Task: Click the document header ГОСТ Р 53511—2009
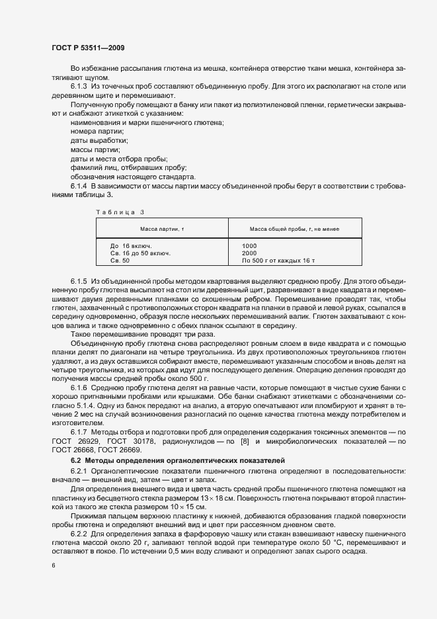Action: click(87, 48)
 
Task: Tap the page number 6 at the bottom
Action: click(52, 565)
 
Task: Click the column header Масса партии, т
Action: click(162, 228)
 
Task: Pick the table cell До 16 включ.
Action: click(131, 245)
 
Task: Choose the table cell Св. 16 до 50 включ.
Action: click(140, 253)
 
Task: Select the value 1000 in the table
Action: click(249, 245)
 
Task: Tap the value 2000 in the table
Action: click(249, 253)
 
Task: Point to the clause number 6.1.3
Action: click(79, 87)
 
